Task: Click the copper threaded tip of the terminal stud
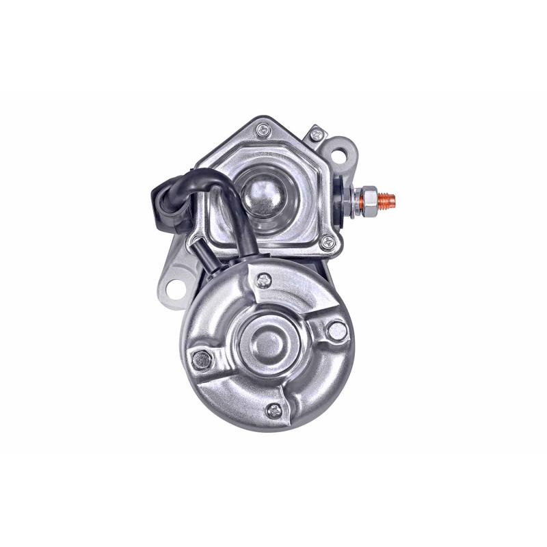tap(387, 200)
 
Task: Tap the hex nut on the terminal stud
tap(366, 199)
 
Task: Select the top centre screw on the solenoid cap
tap(264, 129)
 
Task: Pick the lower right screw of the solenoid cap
tap(328, 241)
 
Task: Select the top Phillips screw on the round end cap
tap(264, 279)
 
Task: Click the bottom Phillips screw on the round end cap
tap(273, 410)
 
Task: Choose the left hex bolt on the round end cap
tap(201, 360)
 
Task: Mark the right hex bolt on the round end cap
tap(336, 330)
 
